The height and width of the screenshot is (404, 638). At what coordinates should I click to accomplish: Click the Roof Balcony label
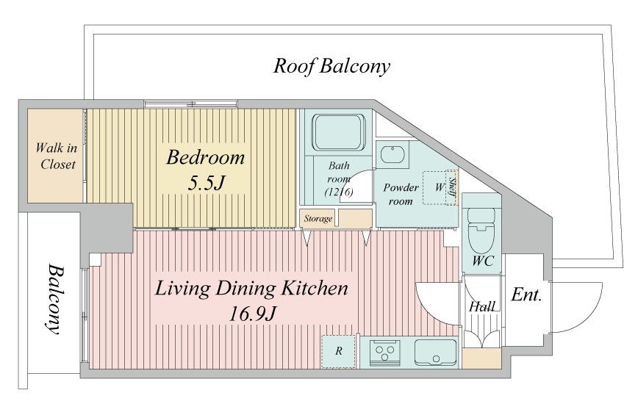tap(331, 66)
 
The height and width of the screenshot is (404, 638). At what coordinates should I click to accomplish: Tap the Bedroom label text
tap(206, 157)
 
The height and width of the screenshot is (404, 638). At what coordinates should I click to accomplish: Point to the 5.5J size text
tap(206, 184)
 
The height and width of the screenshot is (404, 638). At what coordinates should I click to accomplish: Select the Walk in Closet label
tap(56, 156)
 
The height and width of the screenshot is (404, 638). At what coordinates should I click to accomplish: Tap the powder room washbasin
tap(393, 155)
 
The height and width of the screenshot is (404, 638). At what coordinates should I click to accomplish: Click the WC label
tap(483, 261)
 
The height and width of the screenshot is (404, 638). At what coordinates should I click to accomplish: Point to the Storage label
tap(318, 219)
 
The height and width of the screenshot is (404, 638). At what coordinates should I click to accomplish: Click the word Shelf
tap(453, 187)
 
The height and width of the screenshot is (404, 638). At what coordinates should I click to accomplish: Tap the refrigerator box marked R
tap(339, 351)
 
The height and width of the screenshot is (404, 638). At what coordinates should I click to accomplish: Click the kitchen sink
tap(435, 353)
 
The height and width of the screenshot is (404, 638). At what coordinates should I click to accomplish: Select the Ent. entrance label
tap(526, 295)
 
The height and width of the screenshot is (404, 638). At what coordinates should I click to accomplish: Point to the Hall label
tap(482, 307)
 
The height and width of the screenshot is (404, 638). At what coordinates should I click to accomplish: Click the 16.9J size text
tap(252, 314)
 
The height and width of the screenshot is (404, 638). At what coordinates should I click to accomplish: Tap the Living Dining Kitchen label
tap(251, 288)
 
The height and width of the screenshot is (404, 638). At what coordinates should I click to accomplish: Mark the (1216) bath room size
tap(339, 192)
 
